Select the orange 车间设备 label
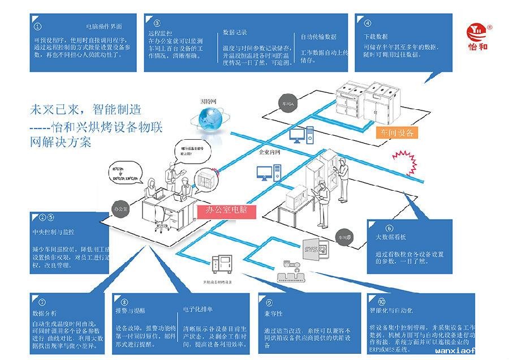click(x=398, y=133)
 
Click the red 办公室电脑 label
click(x=226, y=211)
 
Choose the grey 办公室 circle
click(x=122, y=208)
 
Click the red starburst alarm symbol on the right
click(x=404, y=156)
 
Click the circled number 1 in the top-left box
click(x=38, y=26)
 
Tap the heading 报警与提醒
click(x=130, y=311)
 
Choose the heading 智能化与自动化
click(x=391, y=311)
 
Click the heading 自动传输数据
click(x=318, y=37)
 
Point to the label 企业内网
click(x=269, y=152)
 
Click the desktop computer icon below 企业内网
click(x=268, y=172)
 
